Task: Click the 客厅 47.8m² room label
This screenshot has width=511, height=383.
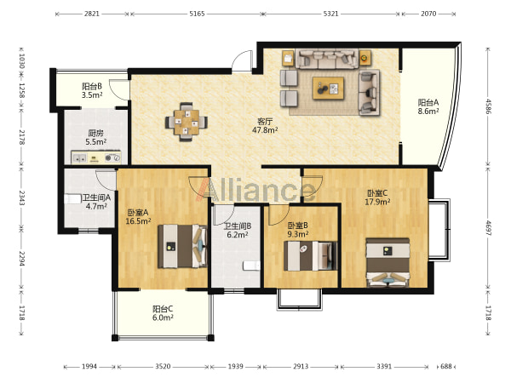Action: pyautogui.click(x=265, y=126)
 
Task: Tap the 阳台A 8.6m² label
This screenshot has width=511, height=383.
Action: pyautogui.click(x=428, y=107)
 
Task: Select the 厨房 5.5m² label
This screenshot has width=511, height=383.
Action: pyautogui.click(x=95, y=137)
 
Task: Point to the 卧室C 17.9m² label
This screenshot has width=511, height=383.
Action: pyautogui.click(x=377, y=197)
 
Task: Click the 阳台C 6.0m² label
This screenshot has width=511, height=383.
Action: pyautogui.click(x=163, y=313)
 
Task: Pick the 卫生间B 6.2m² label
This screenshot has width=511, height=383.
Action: pyautogui.click(x=238, y=230)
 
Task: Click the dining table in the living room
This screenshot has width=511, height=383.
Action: pyautogui.click(x=186, y=122)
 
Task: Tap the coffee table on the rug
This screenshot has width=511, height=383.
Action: pyautogui.click(x=328, y=88)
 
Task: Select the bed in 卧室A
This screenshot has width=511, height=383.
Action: pyautogui.click(x=182, y=246)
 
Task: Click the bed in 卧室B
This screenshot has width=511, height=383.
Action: pyautogui.click(x=310, y=256)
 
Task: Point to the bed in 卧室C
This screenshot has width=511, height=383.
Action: pyautogui.click(x=388, y=262)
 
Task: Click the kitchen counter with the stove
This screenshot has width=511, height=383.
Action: pyautogui.click(x=96, y=157)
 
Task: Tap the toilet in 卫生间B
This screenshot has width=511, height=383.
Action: pyautogui.click(x=251, y=266)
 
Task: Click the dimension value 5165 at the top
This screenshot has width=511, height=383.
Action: pyautogui.click(x=197, y=14)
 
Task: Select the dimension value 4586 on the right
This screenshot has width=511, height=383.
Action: pyautogui.click(x=488, y=106)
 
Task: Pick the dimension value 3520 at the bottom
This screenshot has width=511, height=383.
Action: pyautogui.click(x=163, y=367)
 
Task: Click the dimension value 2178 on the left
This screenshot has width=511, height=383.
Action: pyautogui.click(x=21, y=137)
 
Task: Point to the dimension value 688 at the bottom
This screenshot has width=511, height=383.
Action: pyautogui.click(x=445, y=367)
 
